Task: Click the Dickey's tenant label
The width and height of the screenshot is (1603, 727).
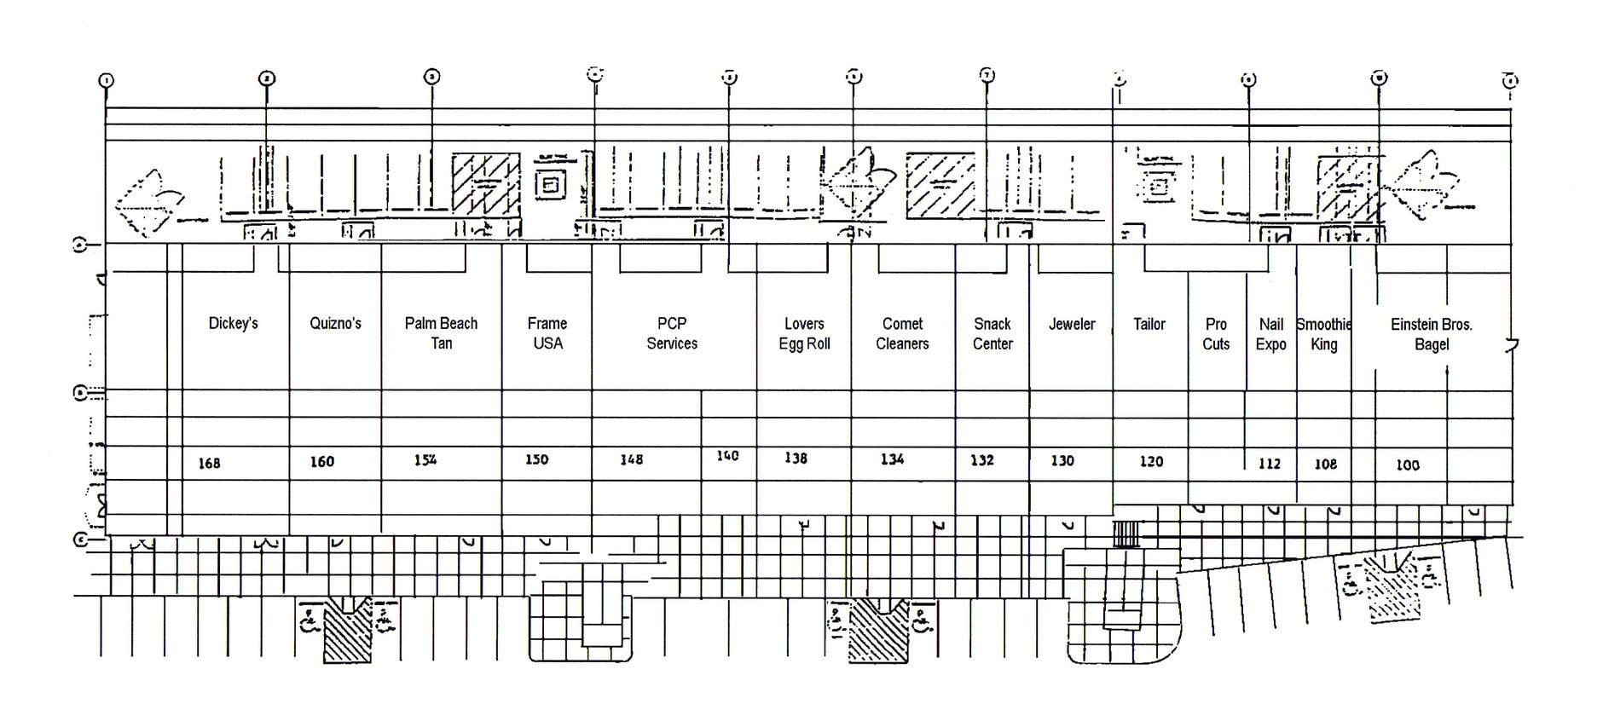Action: tap(233, 324)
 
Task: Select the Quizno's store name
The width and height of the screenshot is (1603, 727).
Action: tap(335, 324)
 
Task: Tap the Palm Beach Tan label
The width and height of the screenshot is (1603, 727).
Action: tap(441, 333)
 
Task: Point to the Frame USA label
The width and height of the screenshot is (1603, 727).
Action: tap(547, 333)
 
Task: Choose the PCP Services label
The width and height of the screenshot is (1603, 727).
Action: tap(672, 333)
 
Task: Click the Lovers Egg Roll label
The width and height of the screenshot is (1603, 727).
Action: tap(804, 334)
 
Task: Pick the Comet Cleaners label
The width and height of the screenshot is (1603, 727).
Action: tap(902, 334)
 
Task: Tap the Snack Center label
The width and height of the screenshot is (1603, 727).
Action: tap(992, 334)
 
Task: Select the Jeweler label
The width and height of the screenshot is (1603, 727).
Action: tap(1072, 324)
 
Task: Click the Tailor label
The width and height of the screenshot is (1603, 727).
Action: tap(1149, 324)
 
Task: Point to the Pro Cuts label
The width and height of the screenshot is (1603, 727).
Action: tap(1216, 334)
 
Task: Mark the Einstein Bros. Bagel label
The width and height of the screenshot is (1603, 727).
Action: tap(1432, 334)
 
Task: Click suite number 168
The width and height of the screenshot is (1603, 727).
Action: tap(209, 464)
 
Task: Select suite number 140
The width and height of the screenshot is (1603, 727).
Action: tap(727, 456)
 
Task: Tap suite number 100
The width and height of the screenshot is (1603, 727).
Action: tap(1408, 465)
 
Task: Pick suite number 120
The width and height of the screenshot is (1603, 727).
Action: tap(1151, 461)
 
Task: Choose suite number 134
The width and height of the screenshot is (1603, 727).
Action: tap(892, 459)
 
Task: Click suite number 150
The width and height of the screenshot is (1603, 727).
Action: tap(536, 459)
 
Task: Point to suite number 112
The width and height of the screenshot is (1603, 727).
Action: tap(1270, 464)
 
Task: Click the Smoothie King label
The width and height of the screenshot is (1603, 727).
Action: tap(1323, 334)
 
